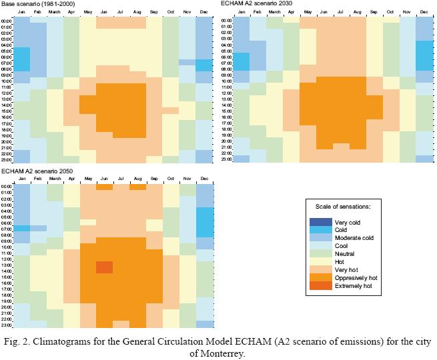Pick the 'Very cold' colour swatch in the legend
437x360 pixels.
coord(322,222)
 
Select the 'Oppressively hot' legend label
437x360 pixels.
coord(358,277)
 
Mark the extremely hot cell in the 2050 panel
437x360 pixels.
coord(104,267)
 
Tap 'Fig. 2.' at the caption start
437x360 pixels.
coord(17,342)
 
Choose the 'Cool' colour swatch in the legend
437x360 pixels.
coord(322,246)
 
